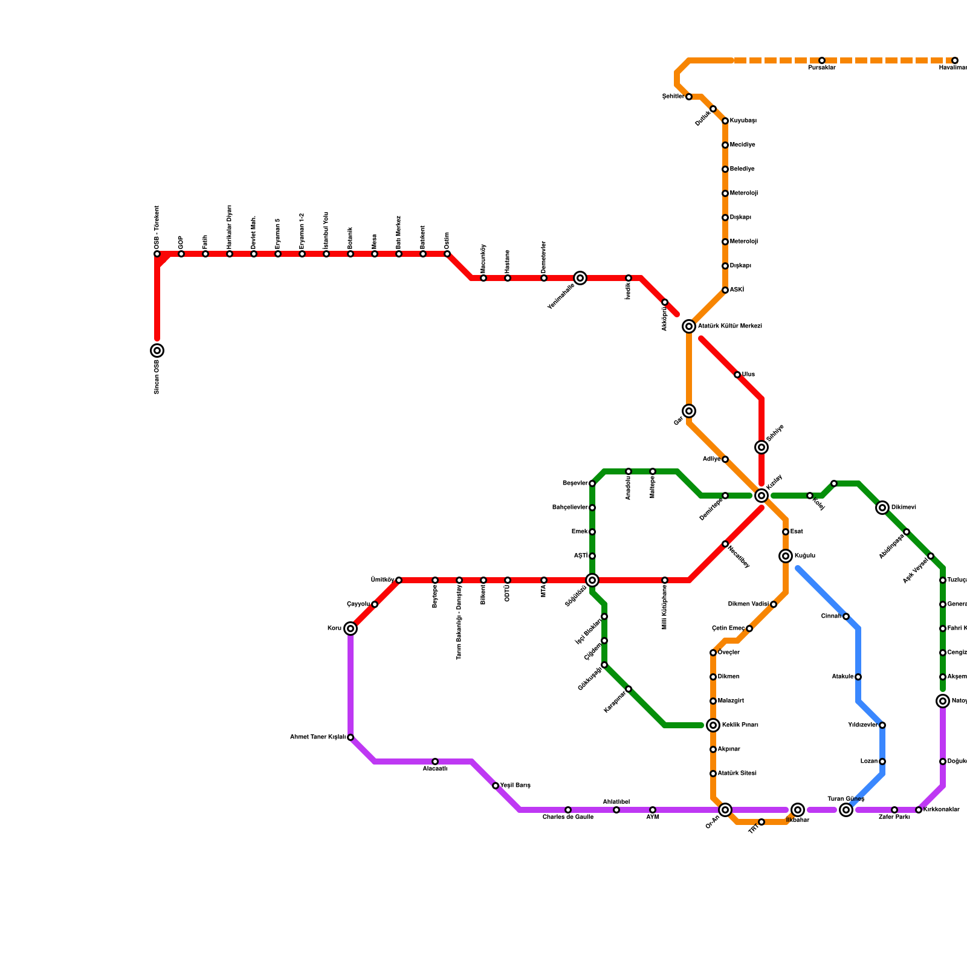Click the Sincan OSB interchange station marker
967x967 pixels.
tap(157, 351)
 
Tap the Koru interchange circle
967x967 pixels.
tap(351, 629)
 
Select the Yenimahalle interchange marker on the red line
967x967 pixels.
tap(580, 278)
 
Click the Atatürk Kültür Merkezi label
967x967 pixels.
tap(729, 326)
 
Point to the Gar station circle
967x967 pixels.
tap(689, 411)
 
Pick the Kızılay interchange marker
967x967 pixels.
tap(762, 496)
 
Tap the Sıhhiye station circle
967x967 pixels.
tap(762, 447)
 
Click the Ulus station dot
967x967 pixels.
tap(737, 375)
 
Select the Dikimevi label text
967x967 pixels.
tap(904, 508)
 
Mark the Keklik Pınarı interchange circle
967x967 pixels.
tap(713, 725)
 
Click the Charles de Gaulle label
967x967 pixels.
tap(568, 817)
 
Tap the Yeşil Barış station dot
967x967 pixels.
tap(496, 786)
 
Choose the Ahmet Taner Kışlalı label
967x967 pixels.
tap(318, 737)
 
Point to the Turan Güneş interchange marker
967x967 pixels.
tap(846, 810)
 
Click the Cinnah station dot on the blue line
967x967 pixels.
tap(846, 616)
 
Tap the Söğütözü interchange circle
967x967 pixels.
tap(592, 580)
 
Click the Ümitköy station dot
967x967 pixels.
tap(399, 580)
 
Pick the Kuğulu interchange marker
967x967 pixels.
tap(786, 556)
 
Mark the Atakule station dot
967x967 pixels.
tap(858, 677)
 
